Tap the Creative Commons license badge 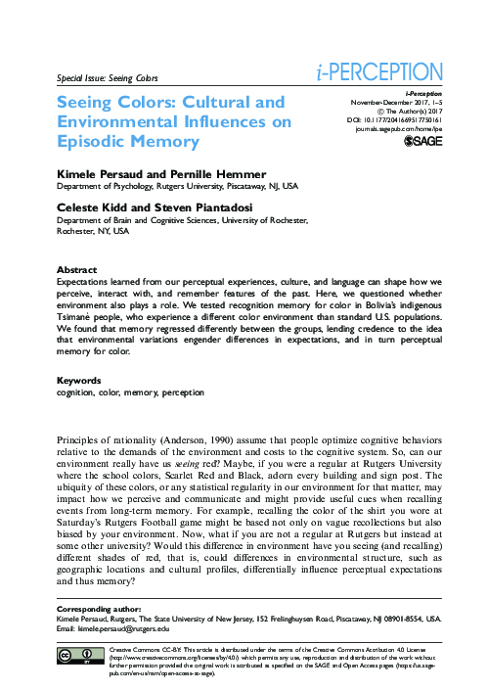pos(76,656)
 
